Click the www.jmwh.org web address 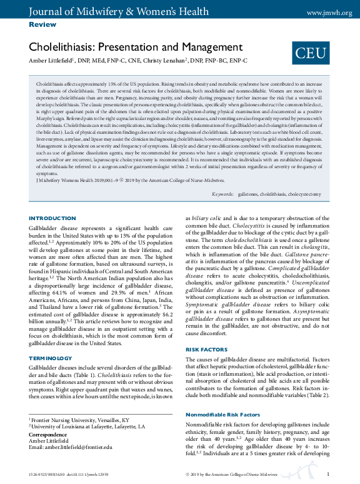pyautogui.click(x=329, y=13)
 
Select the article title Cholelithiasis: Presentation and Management pyautogui.click(x=136, y=47)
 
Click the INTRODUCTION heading pyautogui.click(x=52, y=218)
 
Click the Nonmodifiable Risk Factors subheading pyautogui.click(x=224, y=415)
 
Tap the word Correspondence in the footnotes pyautogui.click(x=49, y=433)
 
